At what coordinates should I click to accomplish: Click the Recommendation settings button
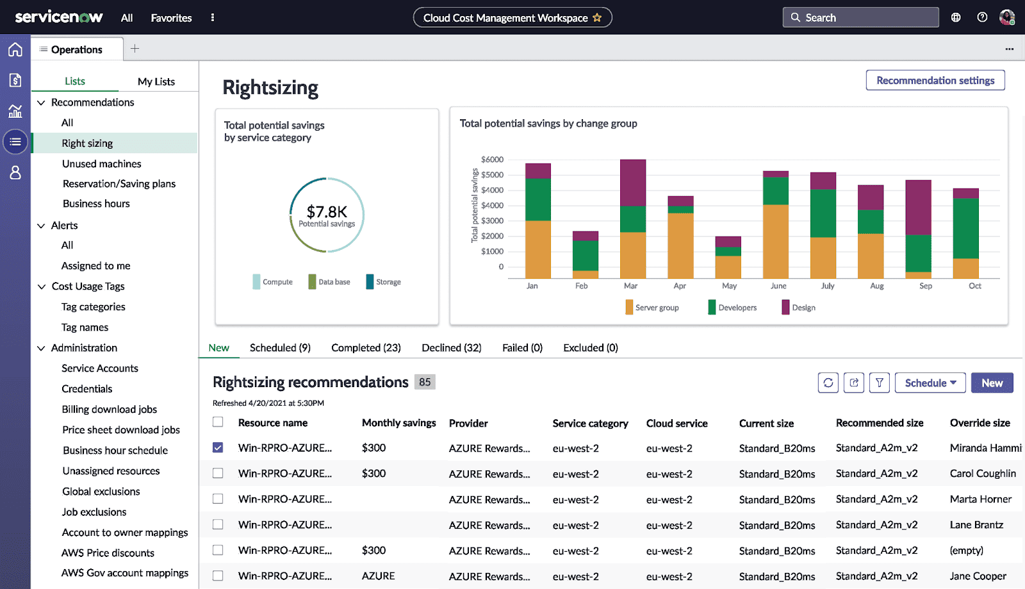point(935,80)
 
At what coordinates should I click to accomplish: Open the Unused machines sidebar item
point(101,163)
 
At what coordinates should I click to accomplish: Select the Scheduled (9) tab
point(280,347)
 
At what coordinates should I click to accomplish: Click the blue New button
point(992,383)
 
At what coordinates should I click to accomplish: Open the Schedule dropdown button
point(930,383)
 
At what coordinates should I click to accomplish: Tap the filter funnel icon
point(879,383)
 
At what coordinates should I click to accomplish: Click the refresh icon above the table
point(828,383)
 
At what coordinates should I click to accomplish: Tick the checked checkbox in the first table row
point(218,447)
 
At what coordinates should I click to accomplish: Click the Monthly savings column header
point(398,423)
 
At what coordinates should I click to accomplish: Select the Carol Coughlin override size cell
point(982,474)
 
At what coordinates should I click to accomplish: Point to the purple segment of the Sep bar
point(918,207)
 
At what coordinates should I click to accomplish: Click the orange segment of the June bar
point(775,241)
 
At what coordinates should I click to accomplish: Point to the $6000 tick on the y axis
point(492,160)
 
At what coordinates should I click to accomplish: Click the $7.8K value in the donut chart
point(327,212)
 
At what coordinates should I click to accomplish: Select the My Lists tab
point(156,81)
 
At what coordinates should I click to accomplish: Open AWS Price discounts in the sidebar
point(108,552)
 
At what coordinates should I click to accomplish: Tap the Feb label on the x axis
point(581,286)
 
